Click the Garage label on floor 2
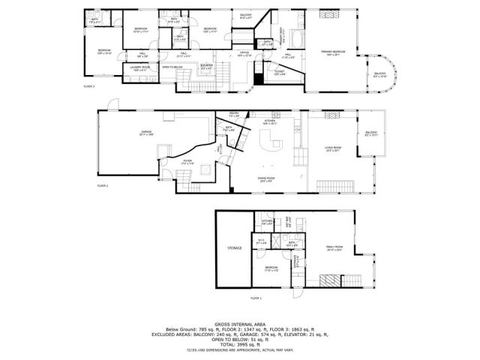click(145, 133)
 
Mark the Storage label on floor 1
click(235, 247)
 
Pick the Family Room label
click(334, 248)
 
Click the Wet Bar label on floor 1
click(288, 221)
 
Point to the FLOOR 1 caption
click(256, 298)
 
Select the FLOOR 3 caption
click(89, 87)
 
